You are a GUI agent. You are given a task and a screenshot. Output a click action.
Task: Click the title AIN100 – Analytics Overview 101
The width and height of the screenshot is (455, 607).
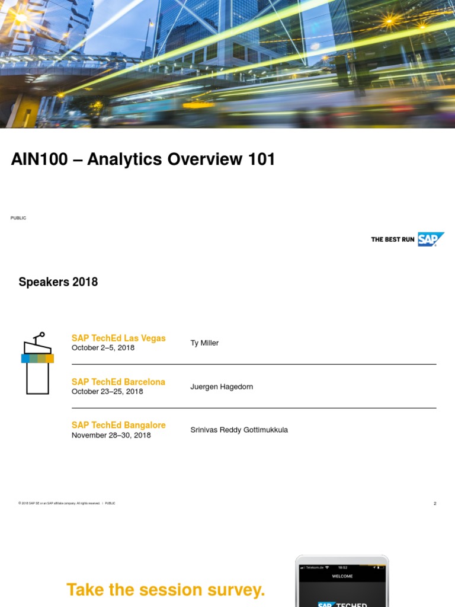143,159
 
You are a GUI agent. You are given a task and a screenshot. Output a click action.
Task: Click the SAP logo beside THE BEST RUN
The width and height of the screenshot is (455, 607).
430,239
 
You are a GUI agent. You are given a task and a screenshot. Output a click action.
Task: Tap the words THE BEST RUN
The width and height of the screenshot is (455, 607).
392,239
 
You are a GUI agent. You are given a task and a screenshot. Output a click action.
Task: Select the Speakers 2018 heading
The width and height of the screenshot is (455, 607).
58,282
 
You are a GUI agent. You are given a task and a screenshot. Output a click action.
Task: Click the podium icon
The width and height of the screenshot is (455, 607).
37,363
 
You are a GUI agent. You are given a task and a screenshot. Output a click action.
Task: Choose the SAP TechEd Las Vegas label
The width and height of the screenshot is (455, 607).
118,338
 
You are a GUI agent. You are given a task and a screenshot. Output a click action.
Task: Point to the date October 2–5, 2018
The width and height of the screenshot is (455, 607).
103,348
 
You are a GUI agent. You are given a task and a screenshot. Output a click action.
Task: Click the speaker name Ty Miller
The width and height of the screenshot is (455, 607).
204,343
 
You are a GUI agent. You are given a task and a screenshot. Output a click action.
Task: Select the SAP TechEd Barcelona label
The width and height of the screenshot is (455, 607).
118,382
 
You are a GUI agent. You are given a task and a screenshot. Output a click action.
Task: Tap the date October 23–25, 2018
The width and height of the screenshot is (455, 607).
107,392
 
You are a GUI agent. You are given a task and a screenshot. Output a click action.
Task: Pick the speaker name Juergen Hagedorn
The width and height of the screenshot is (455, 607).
222,387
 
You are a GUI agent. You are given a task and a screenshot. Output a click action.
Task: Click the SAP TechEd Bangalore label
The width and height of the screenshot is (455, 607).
118,425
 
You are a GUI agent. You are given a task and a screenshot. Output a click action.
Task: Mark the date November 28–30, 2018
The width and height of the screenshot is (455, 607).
111,435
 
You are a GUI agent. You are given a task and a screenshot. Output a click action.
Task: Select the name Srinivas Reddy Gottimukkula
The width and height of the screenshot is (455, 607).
239,430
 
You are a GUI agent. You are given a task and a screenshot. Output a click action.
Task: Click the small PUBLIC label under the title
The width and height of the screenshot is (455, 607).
18,218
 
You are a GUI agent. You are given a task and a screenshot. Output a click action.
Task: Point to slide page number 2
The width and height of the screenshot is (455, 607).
435,503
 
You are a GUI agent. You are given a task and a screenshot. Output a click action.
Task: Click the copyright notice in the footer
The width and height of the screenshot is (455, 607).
59,503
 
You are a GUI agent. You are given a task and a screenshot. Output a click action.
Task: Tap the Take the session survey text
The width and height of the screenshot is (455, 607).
166,590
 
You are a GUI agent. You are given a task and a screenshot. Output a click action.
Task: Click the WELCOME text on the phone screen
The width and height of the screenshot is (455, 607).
342,576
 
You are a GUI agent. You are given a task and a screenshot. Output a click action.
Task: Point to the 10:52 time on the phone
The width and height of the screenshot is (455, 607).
342,568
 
